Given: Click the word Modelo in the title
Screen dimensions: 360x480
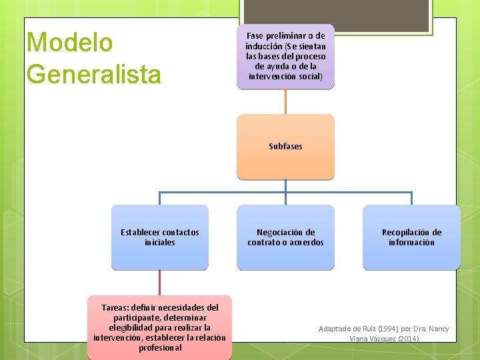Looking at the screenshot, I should click(x=69, y=43).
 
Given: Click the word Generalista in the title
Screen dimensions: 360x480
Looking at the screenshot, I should click(x=93, y=73).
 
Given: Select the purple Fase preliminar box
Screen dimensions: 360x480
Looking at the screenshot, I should click(x=285, y=57).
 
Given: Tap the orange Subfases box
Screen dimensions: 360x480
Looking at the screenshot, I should click(x=285, y=147).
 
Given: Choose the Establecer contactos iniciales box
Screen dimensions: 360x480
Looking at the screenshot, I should click(x=160, y=237).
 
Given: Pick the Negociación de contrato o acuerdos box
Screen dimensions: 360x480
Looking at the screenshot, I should click(x=285, y=237).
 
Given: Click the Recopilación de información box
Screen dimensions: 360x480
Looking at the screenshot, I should click(x=411, y=237).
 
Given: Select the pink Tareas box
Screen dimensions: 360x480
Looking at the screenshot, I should click(x=159, y=327).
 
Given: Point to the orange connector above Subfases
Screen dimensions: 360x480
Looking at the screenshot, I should click(x=285, y=101).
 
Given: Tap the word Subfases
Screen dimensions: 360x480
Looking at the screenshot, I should click(x=285, y=147).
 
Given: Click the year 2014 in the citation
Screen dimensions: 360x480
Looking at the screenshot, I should click(x=408, y=339).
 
